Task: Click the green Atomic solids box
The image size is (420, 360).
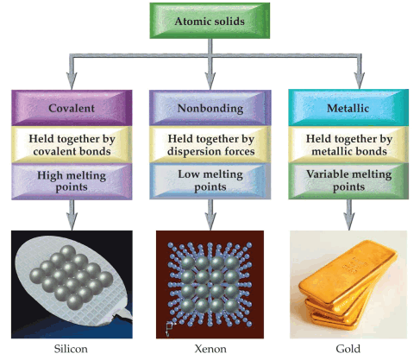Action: [x=210, y=21]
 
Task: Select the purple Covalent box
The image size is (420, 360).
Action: [x=72, y=108]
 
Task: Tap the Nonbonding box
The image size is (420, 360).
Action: [x=210, y=108]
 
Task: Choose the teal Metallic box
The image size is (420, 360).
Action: [x=348, y=108]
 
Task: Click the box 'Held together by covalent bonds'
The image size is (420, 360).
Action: [x=72, y=145]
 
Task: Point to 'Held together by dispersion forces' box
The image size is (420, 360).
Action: [x=210, y=145]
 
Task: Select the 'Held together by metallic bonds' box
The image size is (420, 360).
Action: [x=348, y=145]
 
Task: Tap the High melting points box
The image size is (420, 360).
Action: [x=72, y=181]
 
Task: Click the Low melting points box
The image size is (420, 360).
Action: [x=210, y=181]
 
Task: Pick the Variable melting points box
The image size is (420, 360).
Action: [x=348, y=181]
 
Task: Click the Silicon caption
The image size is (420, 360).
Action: [x=71, y=349]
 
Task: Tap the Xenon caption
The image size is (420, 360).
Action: [x=210, y=349]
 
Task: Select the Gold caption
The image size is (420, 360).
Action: [x=348, y=349]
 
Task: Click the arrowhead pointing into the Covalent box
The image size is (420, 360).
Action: [x=72, y=81]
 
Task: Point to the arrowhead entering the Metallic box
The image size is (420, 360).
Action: [x=359, y=80]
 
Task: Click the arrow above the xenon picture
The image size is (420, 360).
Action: [x=210, y=215]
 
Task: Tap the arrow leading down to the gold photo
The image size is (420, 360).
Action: [x=349, y=215]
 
